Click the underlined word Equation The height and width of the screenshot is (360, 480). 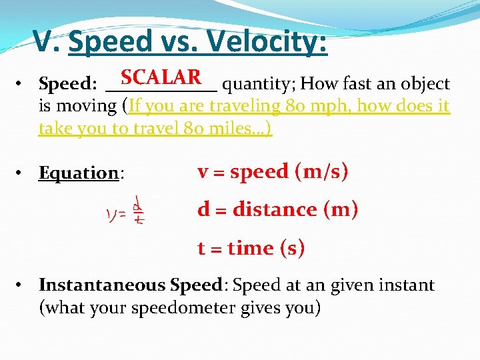(x=79, y=173)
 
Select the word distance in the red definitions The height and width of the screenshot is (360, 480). (x=275, y=209)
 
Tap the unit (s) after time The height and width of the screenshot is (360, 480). (x=292, y=248)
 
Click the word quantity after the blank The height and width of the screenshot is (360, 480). (x=257, y=85)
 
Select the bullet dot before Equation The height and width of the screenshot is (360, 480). (x=22, y=173)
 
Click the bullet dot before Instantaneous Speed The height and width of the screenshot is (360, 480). (x=22, y=286)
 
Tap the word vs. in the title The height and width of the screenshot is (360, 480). (x=179, y=42)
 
